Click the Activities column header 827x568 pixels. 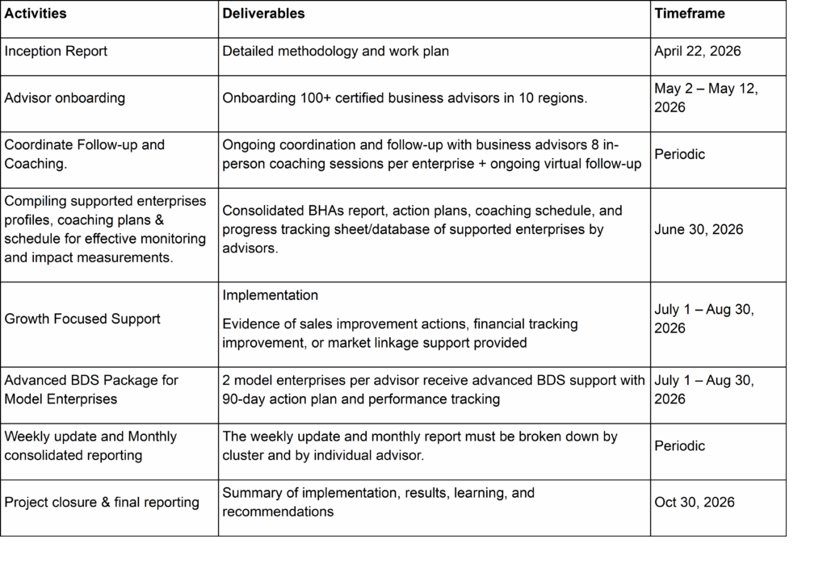tap(36, 14)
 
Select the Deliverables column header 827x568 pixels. tap(262, 14)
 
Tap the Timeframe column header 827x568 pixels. tap(690, 14)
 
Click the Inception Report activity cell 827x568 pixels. tap(56, 51)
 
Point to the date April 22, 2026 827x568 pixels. tap(698, 51)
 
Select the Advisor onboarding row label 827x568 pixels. tap(65, 98)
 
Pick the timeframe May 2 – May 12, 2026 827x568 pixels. tap(706, 98)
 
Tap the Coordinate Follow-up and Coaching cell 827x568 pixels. tap(84, 154)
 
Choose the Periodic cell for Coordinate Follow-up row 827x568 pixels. tap(680, 154)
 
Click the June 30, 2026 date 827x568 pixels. tap(699, 230)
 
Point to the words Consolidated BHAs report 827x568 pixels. tap(302, 211)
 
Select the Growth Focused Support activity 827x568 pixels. tap(82, 319)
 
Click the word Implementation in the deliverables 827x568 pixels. tap(270, 295)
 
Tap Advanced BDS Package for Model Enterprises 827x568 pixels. tap(91, 390)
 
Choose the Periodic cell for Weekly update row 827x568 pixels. tap(680, 446)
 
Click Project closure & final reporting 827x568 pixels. tap(102, 503)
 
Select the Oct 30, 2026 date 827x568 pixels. tap(695, 503)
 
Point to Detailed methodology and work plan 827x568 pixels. tap(335, 51)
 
